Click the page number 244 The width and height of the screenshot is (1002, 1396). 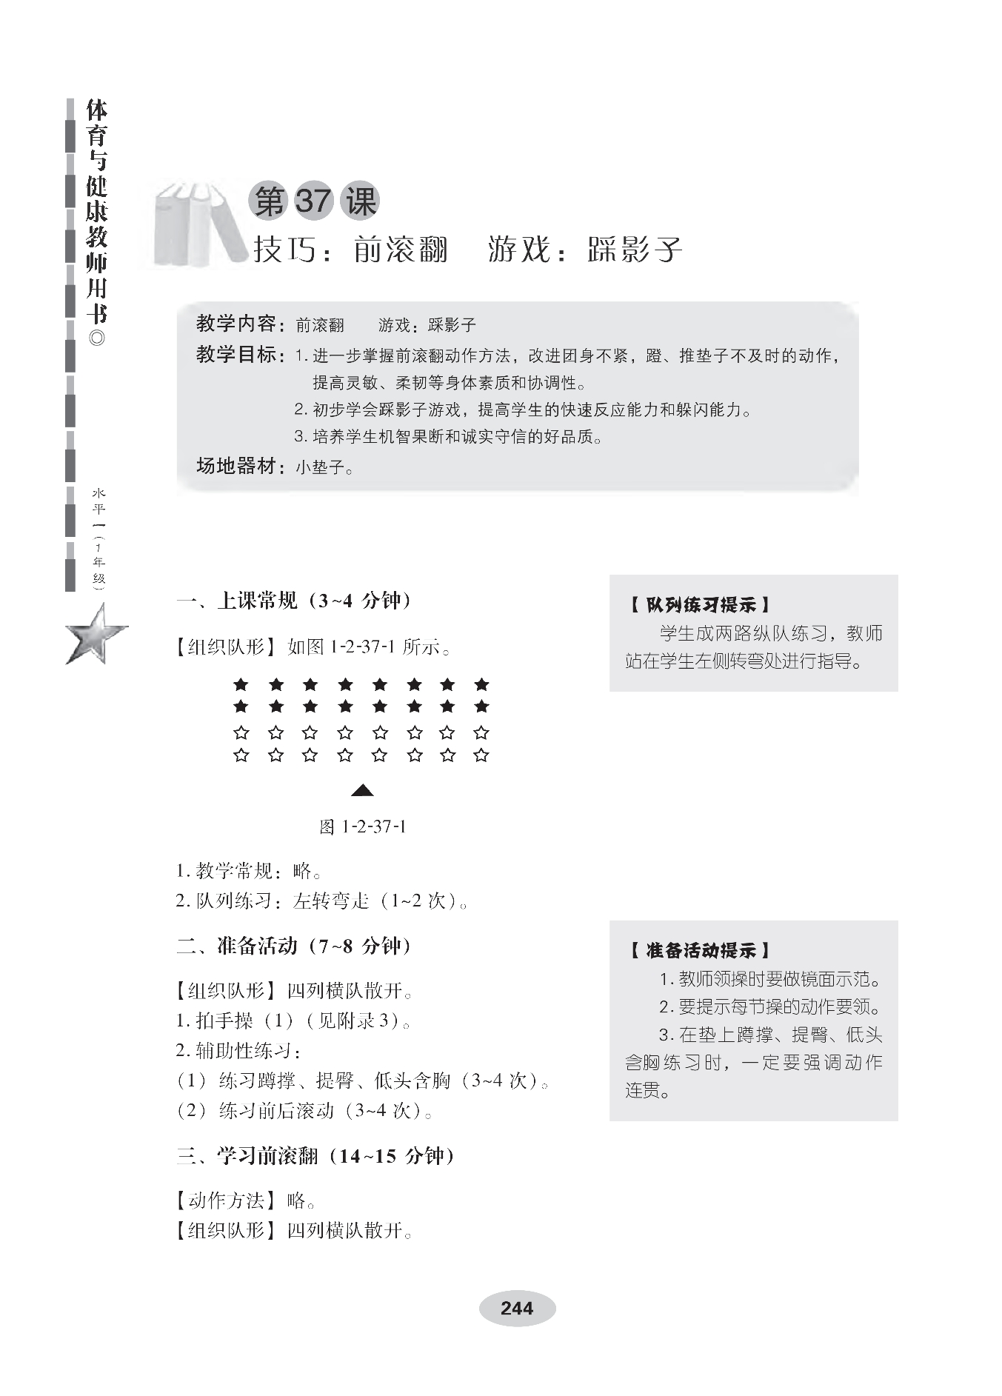pos(516,1309)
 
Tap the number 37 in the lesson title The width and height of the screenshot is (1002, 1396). pos(313,201)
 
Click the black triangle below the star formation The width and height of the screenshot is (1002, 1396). pos(361,791)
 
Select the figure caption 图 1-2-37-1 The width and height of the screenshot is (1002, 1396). pos(362,826)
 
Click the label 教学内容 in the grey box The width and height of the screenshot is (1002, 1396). pos(236,324)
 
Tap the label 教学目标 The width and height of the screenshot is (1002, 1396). pos(236,355)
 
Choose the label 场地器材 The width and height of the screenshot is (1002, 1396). pos(236,466)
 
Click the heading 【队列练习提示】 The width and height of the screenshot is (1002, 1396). pos(700,605)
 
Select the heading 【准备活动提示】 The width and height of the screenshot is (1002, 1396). pos(700,950)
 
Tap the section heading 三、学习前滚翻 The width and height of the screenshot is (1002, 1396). pos(315,1156)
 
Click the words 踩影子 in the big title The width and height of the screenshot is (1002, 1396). pos(635,250)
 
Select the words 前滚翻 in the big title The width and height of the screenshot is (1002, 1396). pos(401,250)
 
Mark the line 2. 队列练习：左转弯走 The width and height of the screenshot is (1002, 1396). pos(321,901)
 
